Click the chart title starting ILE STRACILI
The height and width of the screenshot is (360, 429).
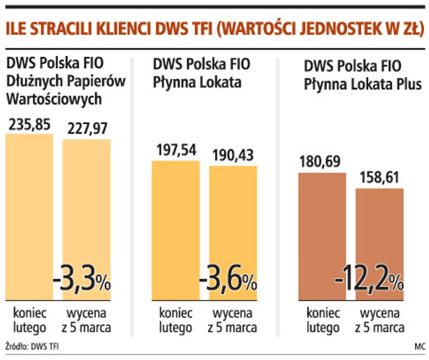(x=213, y=29)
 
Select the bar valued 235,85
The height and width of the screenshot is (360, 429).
(x=29, y=213)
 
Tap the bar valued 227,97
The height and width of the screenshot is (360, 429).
(x=86, y=213)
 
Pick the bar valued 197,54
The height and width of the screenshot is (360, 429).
(x=176, y=224)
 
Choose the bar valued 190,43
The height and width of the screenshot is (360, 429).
(x=233, y=224)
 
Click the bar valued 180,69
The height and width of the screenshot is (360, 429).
(x=322, y=235)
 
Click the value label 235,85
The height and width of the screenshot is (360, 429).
(x=29, y=124)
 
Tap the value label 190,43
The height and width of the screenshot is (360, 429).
(x=233, y=156)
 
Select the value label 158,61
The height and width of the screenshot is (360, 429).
(x=379, y=178)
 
